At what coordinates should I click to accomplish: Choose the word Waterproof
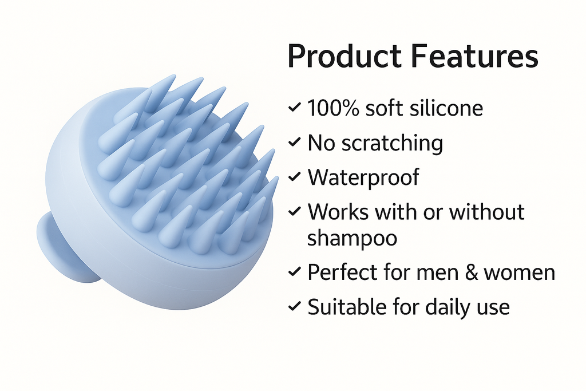363,177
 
